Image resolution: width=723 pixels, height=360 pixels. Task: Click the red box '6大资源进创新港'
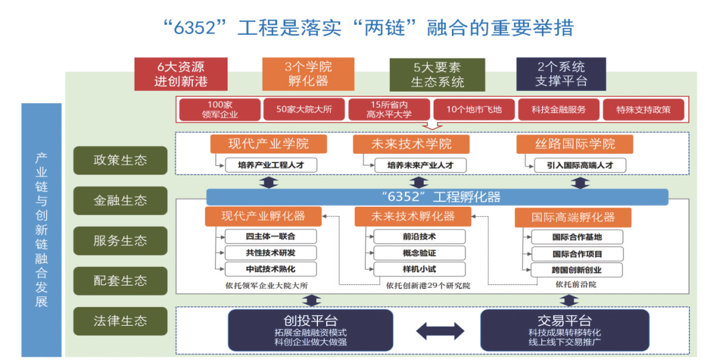181,74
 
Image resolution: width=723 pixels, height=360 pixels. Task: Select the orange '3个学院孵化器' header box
308,74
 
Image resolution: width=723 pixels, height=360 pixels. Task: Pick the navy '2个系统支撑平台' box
561,74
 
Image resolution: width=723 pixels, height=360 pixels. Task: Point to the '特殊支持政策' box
643,109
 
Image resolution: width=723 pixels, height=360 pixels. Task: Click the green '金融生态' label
120,200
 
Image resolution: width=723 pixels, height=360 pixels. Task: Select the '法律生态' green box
120,321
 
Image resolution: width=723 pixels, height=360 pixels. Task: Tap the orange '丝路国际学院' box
575,144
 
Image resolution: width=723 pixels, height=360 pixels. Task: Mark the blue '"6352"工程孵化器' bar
436,197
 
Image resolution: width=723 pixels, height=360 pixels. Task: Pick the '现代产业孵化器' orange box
263,216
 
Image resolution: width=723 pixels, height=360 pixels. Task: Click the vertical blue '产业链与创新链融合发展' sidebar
42,229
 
